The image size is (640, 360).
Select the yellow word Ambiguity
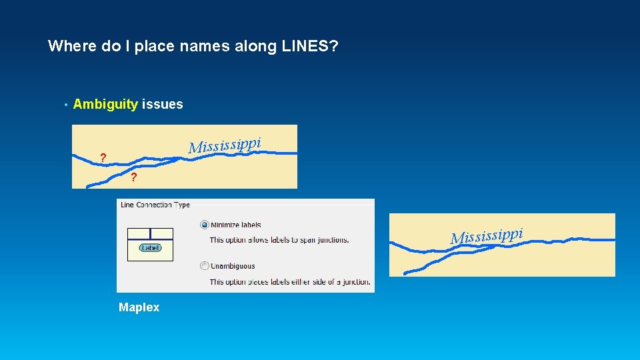point(105,104)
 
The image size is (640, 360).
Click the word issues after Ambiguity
point(162,104)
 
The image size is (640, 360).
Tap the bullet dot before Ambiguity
point(65,105)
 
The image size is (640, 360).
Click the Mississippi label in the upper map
point(223,144)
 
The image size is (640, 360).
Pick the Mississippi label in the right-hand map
point(486,235)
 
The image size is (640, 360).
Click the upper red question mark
point(102,158)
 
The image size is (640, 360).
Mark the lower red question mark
point(134,177)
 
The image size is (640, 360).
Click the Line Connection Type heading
point(155,205)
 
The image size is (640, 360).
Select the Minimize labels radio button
point(205,225)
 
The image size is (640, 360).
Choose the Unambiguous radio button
point(205,266)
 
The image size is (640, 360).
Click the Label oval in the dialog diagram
point(150,247)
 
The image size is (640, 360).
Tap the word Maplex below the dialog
point(139,307)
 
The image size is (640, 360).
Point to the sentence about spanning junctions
point(279,240)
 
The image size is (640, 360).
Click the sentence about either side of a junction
point(289,282)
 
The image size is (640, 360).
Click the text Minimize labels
point(236,225)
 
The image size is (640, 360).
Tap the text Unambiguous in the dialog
point(233,266)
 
